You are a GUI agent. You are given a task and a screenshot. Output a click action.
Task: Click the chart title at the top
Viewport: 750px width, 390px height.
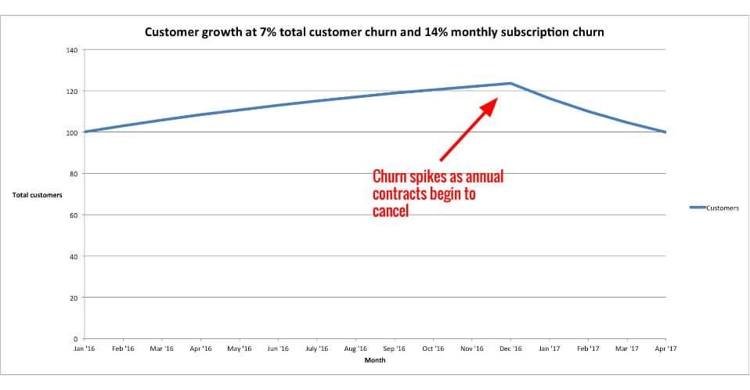[374, 33]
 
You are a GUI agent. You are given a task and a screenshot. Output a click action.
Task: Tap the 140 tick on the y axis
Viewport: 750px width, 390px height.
[72, 50]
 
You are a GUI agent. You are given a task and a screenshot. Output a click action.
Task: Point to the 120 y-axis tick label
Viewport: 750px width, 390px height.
[72, 92]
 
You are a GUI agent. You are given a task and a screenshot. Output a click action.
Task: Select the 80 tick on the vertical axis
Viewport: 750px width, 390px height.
[74, 174]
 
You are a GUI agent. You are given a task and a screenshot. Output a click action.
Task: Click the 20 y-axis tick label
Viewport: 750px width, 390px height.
[74, 298]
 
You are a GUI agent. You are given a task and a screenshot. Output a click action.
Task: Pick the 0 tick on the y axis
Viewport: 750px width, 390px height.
[76, 339]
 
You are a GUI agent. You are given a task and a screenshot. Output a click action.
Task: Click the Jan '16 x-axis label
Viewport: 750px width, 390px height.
[84, 348]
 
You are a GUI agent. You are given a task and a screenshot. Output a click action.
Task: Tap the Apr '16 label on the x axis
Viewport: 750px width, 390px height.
[201, 348]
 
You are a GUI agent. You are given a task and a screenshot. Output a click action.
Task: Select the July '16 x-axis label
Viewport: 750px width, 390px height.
[317, 348]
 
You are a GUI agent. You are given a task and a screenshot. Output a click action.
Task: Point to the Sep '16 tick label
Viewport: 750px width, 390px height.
[395, 348]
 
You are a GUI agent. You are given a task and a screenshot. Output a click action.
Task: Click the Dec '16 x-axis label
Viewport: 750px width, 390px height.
[510, 348]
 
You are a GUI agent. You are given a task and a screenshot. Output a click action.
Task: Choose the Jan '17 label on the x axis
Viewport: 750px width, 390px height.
[550, 348]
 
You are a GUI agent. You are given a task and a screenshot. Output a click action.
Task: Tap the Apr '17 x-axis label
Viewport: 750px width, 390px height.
[665, 348]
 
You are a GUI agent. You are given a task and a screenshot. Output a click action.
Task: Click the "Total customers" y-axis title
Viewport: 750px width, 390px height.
[38, 195]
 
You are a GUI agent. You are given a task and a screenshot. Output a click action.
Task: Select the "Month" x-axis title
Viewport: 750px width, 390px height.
[374, 360]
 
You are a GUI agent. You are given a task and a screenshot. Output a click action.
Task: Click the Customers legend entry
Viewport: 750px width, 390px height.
[721, 208]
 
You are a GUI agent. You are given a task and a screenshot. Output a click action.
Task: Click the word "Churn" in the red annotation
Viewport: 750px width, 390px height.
[391, 176]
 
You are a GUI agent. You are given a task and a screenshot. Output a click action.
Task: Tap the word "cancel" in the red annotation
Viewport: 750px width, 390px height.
[391, 211]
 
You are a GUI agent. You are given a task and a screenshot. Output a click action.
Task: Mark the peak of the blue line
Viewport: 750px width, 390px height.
[510, 83]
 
